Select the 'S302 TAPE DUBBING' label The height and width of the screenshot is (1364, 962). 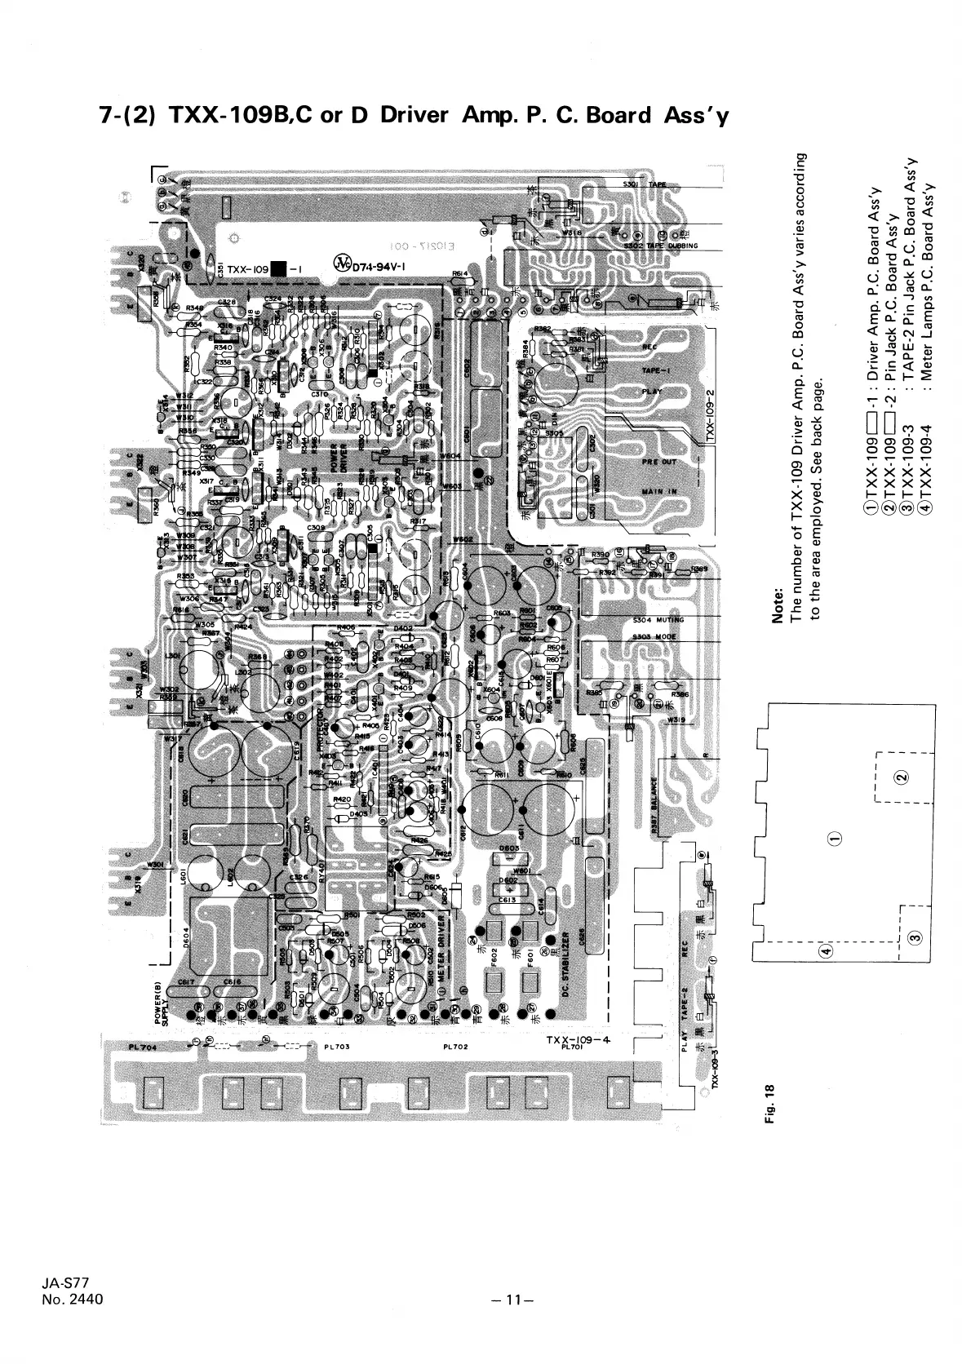coord(661,246)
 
